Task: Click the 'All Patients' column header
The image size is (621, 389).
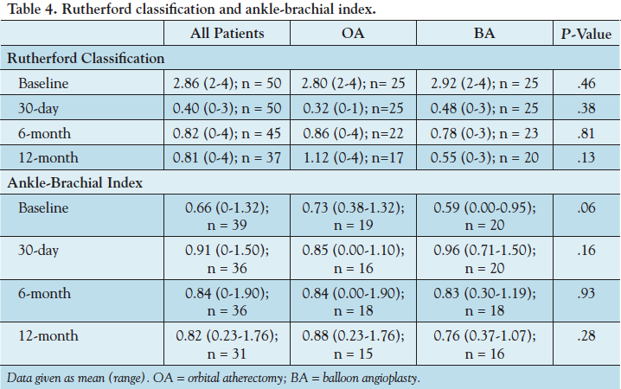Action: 227,34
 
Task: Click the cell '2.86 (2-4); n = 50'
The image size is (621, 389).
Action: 227,84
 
